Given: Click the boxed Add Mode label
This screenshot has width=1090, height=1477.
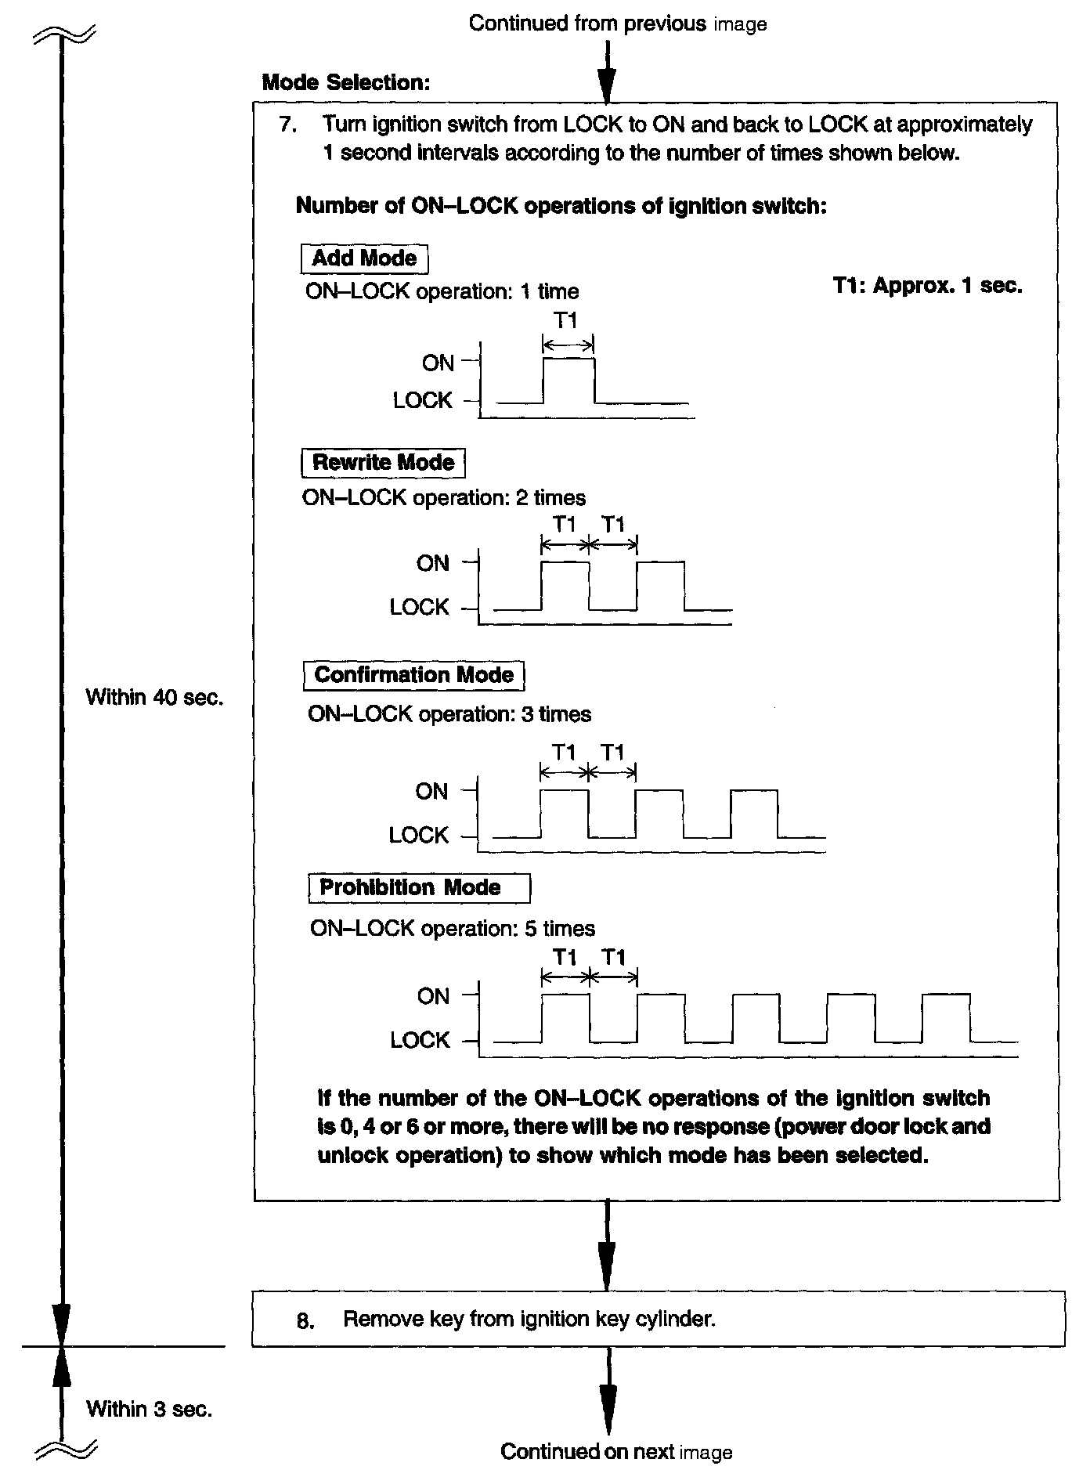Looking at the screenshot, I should click(x=364, y=258).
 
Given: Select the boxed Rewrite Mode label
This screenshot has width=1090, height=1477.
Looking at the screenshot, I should click(x=383, y=462).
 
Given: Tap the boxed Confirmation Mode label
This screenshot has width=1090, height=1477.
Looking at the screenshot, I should click(x=413, y=675).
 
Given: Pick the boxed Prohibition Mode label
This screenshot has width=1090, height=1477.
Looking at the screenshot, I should click(x=419, y=887).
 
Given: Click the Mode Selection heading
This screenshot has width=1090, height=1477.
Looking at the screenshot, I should click(x=346, y=82).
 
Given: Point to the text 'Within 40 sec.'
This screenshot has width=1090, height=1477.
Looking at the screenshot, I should click(x=154, y=697).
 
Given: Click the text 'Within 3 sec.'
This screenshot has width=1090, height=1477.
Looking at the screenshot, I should click(x=149, y=1409).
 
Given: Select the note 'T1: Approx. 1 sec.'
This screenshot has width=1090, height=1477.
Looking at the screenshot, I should click(x=927, y=286).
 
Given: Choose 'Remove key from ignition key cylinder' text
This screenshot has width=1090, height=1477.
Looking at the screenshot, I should click(x=529, y=1319).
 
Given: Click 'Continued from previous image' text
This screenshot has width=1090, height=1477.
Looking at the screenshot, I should click(x=617, y=23).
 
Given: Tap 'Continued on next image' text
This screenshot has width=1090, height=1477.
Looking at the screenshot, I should click(x=616, y=1452).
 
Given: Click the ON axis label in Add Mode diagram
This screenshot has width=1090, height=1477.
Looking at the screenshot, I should click(x=438, y=363).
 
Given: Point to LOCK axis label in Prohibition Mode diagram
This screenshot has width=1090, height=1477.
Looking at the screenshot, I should click(x=420, y=1040).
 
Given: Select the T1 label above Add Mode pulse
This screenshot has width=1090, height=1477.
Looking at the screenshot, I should click(x=565, y=320).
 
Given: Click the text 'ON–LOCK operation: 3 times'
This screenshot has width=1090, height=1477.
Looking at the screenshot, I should click(x=449, y=714).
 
